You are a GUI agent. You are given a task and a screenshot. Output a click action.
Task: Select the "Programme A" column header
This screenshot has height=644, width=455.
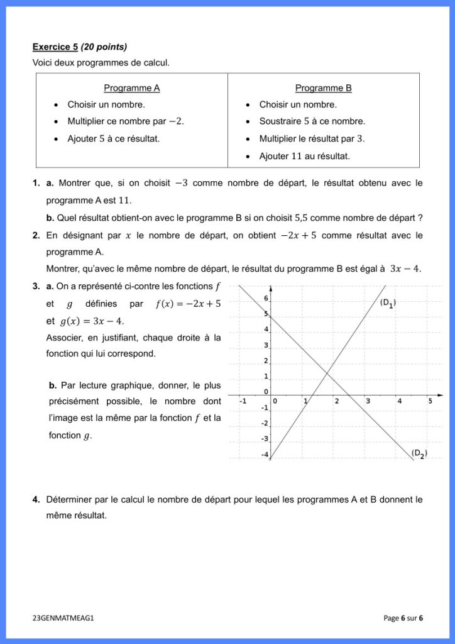131,88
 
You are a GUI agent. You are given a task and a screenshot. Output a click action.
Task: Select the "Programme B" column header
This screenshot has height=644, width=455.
323,88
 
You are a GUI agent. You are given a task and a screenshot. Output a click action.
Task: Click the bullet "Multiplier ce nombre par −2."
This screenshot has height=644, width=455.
126,121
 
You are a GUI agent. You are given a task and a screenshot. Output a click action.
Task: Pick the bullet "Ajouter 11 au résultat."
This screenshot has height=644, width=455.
304,156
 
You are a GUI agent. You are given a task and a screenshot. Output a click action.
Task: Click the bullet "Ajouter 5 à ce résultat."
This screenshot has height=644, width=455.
113,138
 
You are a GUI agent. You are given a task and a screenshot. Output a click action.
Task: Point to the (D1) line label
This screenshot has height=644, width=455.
388,303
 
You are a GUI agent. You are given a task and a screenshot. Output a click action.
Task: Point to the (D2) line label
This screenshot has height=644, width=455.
419,453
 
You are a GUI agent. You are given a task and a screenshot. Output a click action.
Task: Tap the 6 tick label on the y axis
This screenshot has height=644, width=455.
265,299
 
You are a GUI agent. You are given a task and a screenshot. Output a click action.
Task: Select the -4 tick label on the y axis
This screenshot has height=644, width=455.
265,454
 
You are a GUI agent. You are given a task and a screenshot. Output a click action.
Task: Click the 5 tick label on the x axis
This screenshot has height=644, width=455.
430,401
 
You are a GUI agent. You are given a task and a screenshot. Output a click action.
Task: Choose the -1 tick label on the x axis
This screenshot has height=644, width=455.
242,401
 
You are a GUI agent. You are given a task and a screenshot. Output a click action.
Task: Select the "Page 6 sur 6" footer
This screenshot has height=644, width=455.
403,618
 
